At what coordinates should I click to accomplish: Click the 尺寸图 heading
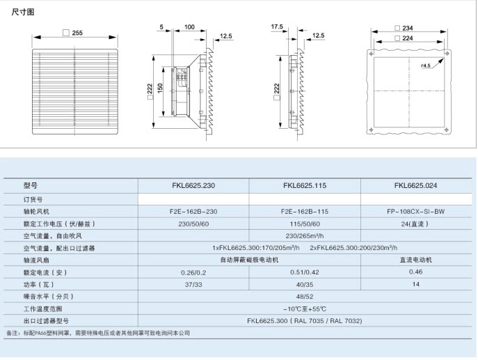[23, 13]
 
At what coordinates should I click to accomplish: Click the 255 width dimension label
[77, 33]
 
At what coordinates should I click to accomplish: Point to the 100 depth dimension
[189, 27]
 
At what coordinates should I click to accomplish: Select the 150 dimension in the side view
[160, 89]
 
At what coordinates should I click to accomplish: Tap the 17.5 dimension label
[277, 26]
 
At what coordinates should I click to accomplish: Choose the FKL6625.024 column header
[415, 186]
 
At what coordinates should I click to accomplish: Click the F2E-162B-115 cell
[304, 211]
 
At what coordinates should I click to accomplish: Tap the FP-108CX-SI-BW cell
[415, 211]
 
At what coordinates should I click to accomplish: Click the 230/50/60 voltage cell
[193, 224]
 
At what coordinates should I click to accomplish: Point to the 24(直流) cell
[415, 224]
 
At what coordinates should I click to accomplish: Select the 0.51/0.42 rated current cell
[304, 272]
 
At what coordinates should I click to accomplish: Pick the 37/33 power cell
[193, 284]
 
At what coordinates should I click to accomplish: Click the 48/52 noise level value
[304, 296]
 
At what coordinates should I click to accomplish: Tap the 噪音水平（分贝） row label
[49, 296]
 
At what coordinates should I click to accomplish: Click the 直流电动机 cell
[415, 259]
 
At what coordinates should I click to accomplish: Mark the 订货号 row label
[33, 199]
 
